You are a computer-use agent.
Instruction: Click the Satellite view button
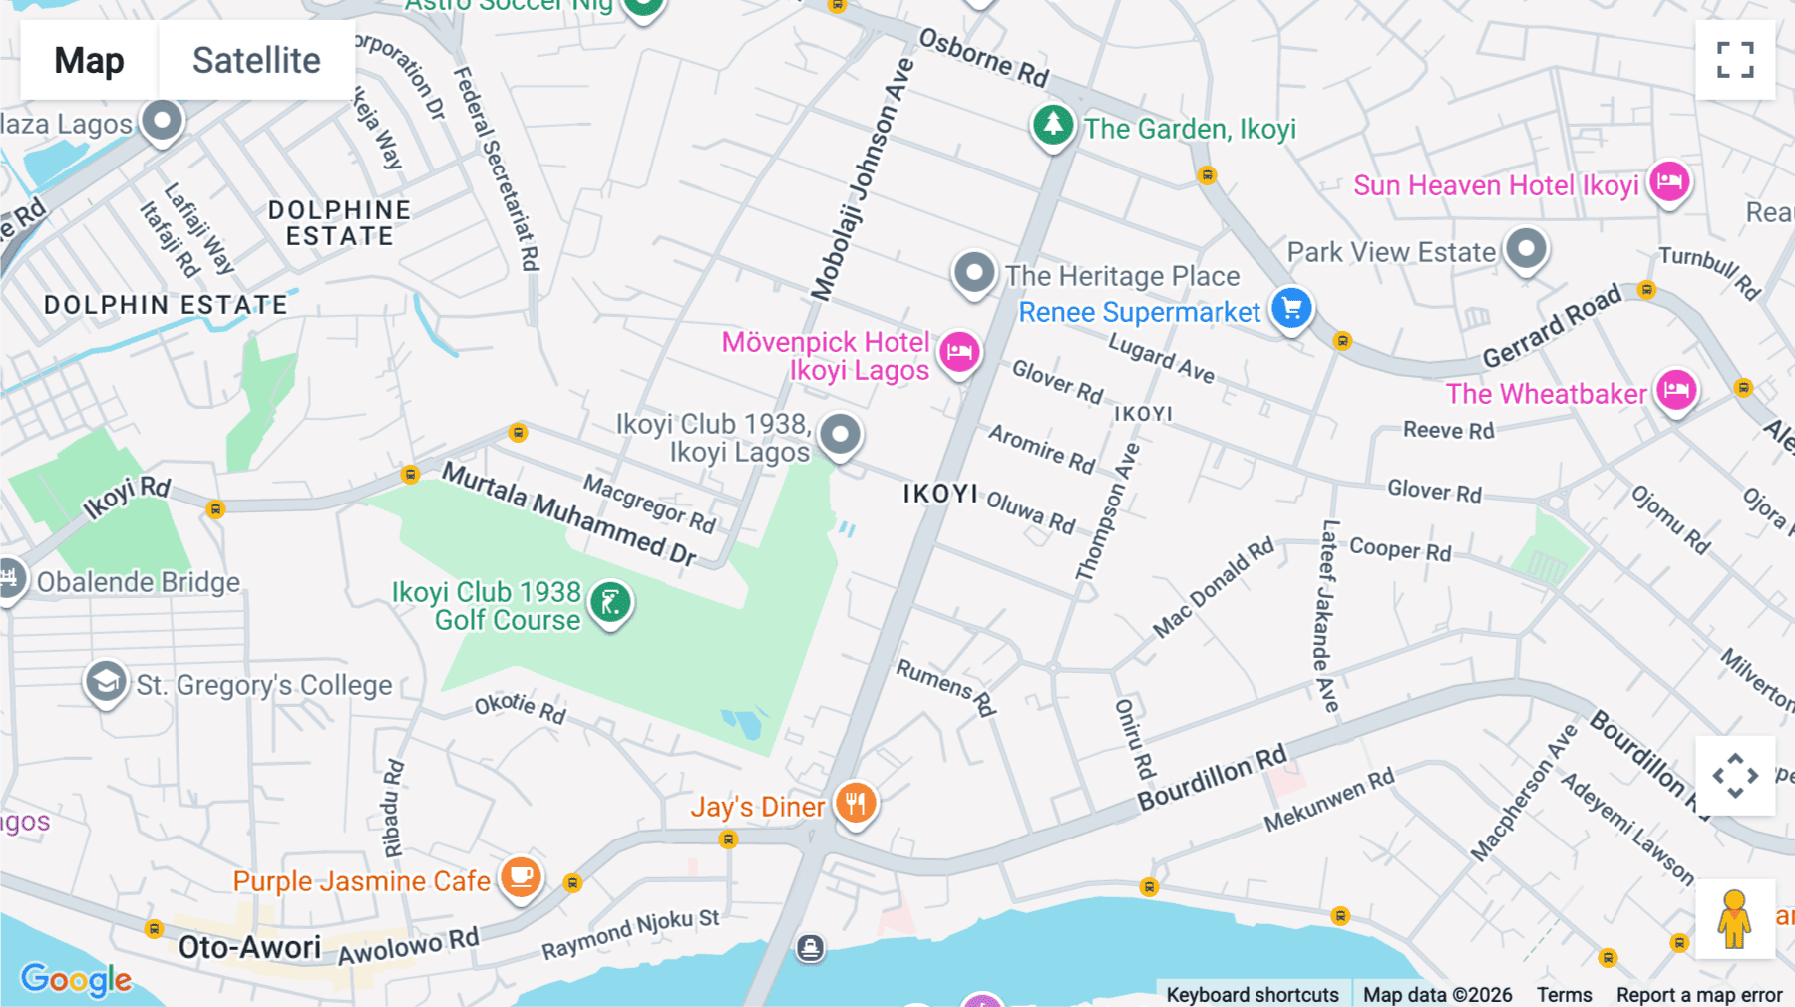click(256, 60)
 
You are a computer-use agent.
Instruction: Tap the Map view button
click(89, 60)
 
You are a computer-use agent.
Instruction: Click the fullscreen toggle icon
click(1735, 60)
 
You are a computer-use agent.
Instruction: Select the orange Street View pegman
click(1735, 919)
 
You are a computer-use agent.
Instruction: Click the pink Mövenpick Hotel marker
click(959, 351)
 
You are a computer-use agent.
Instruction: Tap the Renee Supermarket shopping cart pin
click(1291, 308)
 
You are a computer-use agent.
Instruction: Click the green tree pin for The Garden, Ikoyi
click(1053, 126)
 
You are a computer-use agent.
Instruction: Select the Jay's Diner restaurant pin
click(855, 802)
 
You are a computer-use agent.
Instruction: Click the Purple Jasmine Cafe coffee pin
click(521, 877)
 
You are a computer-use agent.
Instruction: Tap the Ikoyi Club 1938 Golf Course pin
click(610, 603)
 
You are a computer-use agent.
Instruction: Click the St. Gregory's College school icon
click(106, 682)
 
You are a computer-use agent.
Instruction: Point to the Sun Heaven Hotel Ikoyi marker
click(1669, 182)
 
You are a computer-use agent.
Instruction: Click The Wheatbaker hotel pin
click(1676, 390)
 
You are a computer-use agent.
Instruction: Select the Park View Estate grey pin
click(1526, 248)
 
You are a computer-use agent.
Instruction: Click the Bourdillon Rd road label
click(1213, 779)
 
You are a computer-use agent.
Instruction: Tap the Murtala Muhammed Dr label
click(569, 514)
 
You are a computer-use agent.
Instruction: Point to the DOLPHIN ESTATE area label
click(166, 305)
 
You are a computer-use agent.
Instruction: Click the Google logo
click(76, 979)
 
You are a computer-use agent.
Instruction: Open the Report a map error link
click(1699, 995)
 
